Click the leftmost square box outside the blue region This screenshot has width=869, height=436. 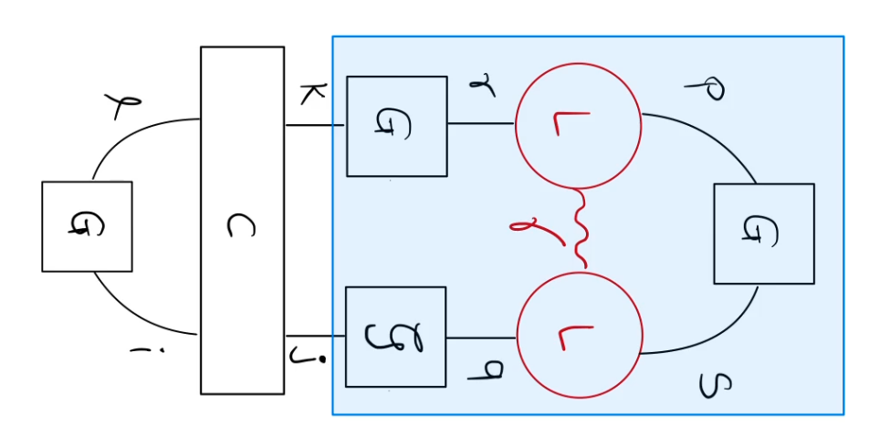[87, 226]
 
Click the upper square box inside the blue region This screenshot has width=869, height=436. [396, 126]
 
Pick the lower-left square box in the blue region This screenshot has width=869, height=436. [395, 337]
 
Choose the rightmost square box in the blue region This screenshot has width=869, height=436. [763, 234]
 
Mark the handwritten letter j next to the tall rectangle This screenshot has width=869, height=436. [298, 354]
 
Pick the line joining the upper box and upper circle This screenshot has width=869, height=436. [481, 124]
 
